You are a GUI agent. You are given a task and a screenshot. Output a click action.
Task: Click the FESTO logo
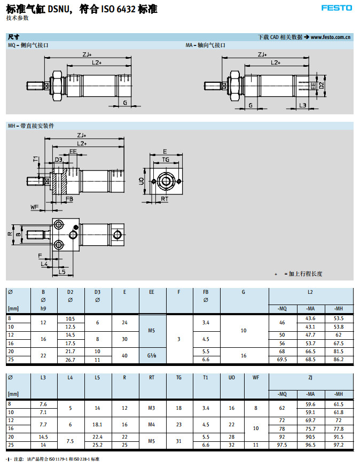336,7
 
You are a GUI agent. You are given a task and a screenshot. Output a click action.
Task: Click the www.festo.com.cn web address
330,37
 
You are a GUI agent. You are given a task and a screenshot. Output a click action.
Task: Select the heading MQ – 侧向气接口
28,46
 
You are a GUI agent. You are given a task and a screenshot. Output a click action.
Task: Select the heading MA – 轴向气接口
206,46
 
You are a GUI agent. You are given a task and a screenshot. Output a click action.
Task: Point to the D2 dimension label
322,85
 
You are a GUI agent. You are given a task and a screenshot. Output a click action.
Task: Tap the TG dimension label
166,159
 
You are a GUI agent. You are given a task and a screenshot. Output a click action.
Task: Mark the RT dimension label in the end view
165,199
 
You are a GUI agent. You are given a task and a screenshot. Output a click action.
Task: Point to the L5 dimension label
62,272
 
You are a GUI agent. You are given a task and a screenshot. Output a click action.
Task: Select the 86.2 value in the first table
338,360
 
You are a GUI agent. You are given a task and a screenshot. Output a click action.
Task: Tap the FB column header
206,292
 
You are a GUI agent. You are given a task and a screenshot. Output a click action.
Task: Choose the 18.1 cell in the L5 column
97,425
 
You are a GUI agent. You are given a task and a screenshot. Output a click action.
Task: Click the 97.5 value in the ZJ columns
283,445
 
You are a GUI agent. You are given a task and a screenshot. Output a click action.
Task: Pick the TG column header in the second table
179,378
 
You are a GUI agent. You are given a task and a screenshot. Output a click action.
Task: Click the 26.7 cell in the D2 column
70,360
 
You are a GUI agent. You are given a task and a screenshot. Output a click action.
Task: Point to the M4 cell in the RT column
152,425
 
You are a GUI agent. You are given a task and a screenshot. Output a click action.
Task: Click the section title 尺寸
14,37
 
